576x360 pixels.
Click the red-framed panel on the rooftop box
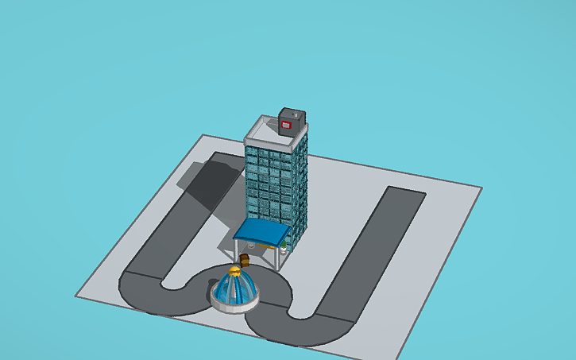288,124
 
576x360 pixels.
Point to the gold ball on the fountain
234,272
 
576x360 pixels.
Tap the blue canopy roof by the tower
261,230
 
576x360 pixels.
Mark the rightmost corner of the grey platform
481,188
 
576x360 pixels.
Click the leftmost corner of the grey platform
76,296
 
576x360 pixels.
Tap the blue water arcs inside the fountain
234,289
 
